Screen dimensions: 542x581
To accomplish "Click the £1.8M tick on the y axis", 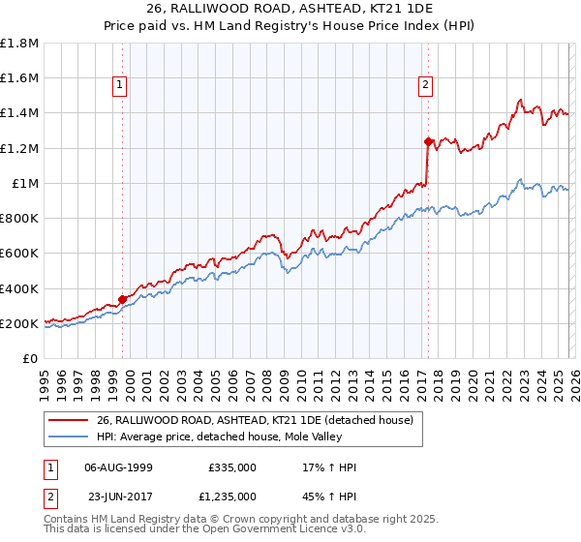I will click(19, 44).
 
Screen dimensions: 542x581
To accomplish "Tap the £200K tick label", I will click(19, 323).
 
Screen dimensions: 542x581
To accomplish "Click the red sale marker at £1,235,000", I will click(428, 141).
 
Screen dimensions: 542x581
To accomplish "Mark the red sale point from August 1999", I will click(123, 299).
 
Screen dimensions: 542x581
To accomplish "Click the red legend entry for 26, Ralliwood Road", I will click(255, 420).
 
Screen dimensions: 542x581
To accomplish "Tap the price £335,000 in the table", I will click(231, 467).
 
